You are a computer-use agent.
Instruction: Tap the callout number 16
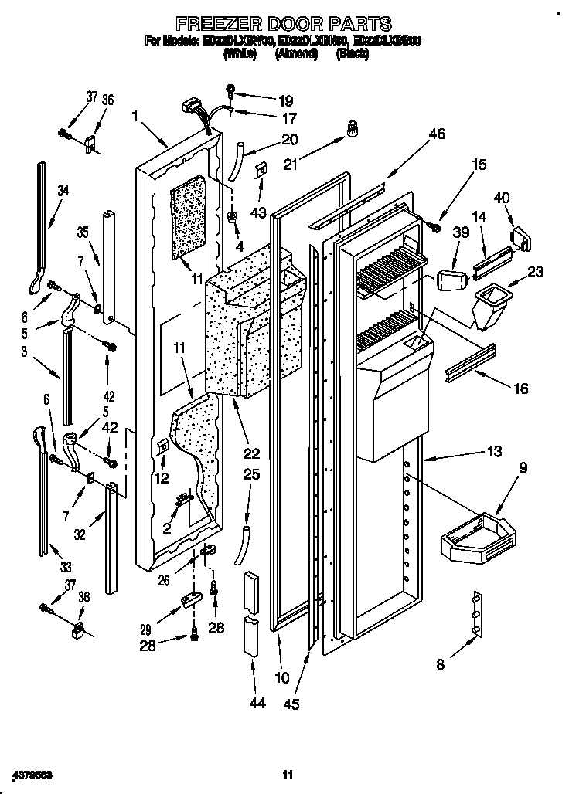pos(521,389)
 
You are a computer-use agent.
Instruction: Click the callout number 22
pos(252,453)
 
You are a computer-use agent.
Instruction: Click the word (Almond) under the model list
pos(298,54)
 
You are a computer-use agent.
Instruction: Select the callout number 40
pos(503,198)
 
